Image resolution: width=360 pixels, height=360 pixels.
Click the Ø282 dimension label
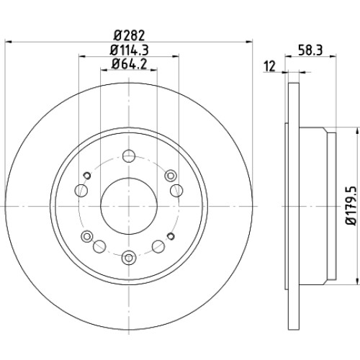pos(129,36)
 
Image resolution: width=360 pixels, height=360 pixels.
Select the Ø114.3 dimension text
pos(130,50)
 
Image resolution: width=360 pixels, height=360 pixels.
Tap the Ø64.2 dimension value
pos(129,64)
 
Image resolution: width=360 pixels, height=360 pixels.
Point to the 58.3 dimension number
pos(310,50)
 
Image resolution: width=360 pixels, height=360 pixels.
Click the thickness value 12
pos(270,66)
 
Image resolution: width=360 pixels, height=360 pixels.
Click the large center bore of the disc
pos(129,206)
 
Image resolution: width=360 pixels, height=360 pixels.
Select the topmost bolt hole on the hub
pos(129,156)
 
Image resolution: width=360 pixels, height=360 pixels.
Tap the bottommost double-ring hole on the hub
pos(129,258)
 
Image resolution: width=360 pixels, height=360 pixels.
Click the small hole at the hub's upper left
pos(87,176)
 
